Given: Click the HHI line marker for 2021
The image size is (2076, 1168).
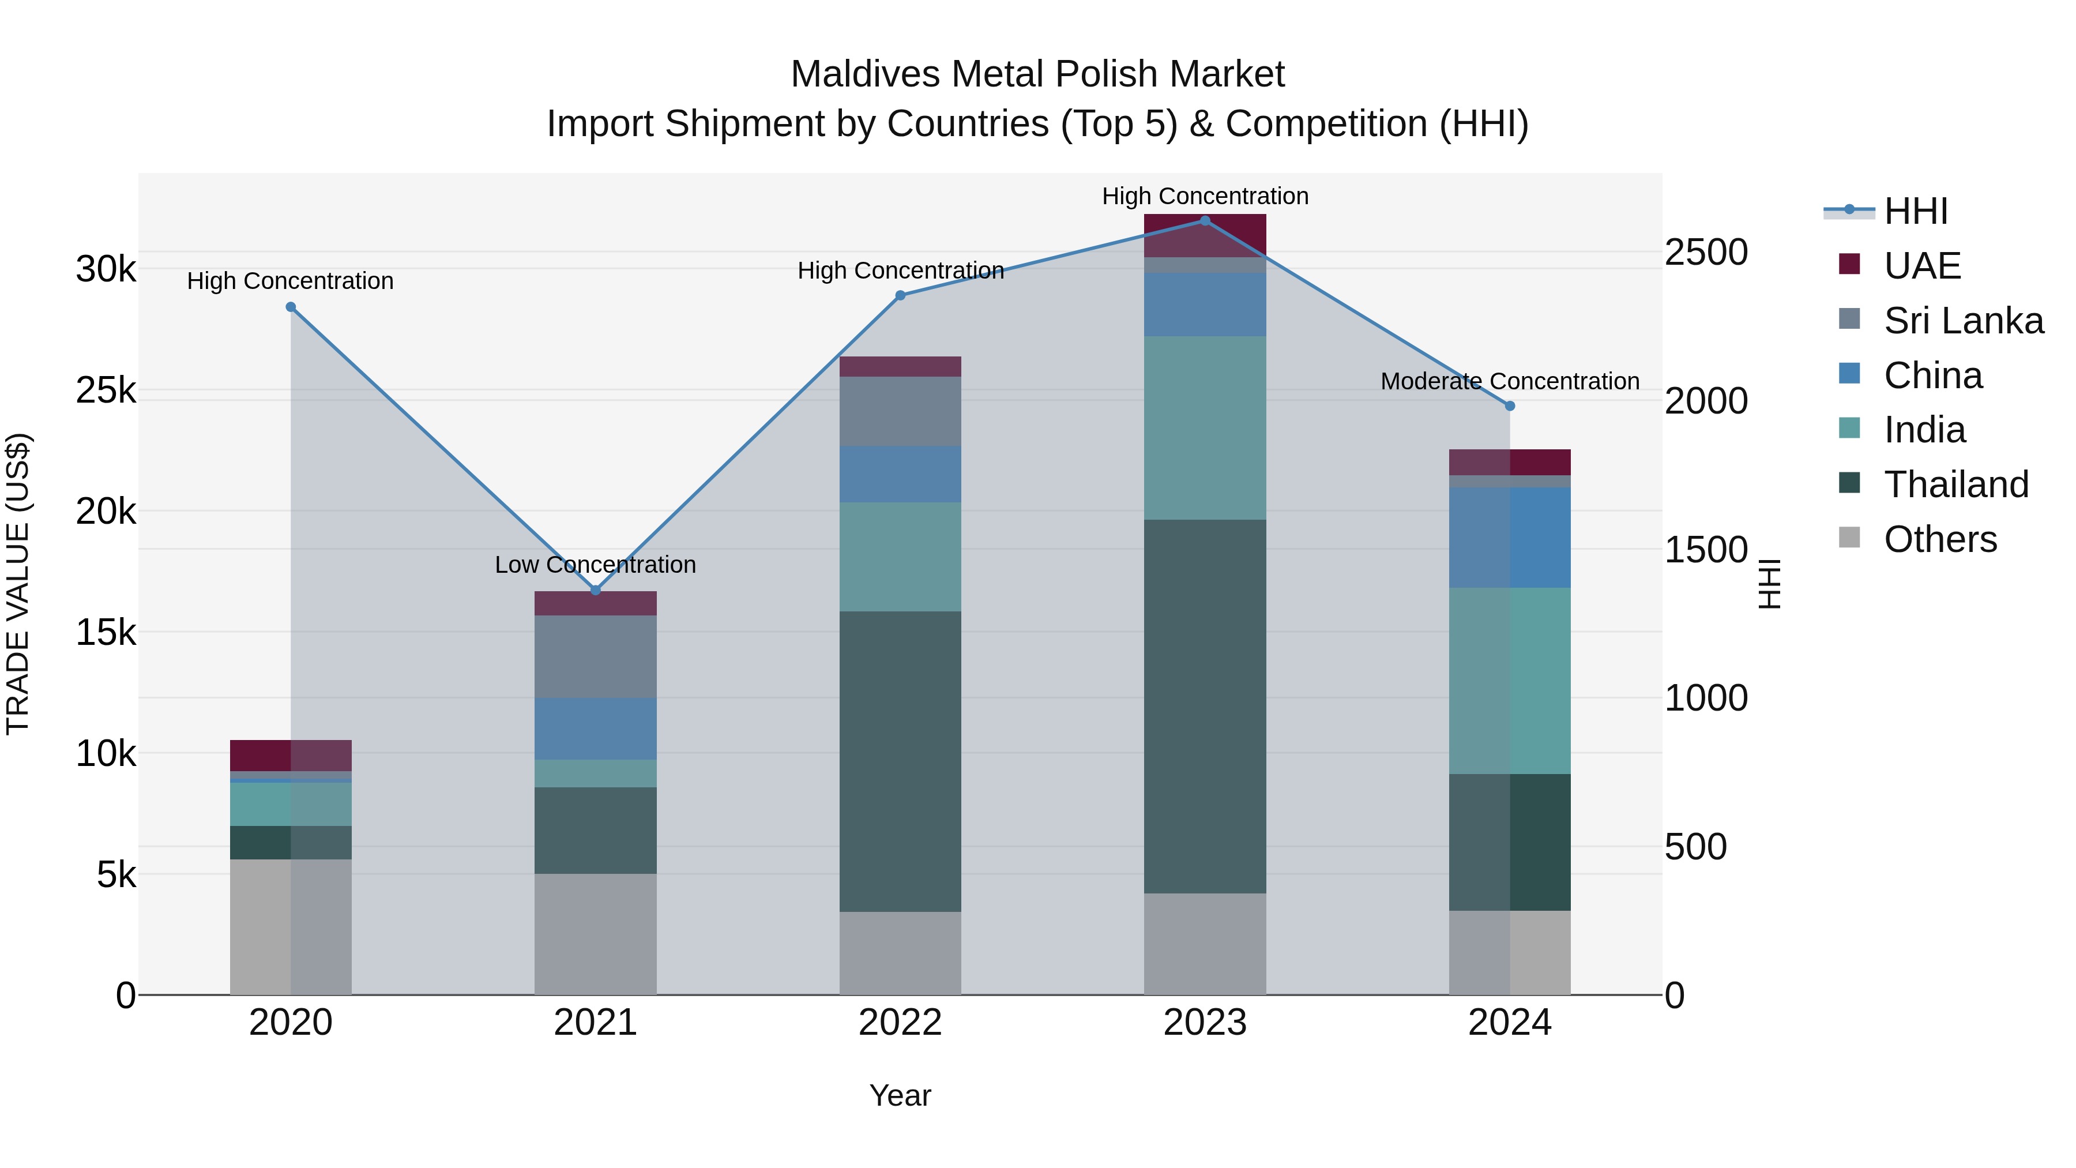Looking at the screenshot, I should click(x=596, y=591).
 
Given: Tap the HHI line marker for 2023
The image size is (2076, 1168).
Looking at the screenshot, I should click(x=1205, y=221).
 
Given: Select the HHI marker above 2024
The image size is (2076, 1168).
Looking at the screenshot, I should click(x=1510, y=406).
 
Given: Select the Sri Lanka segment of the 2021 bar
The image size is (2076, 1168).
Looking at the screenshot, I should click(x=596, y=656).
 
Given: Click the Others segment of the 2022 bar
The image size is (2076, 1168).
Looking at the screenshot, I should click(x=900, y=953).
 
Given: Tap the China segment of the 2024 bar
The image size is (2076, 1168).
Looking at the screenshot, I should click(x=1510, y=537).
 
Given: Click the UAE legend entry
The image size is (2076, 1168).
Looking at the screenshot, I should click(x=1921, y=266).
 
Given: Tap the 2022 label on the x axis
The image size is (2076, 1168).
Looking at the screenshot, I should click(x=900, y=1023).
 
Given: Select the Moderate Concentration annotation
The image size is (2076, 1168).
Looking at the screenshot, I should click(x=1510, y=381).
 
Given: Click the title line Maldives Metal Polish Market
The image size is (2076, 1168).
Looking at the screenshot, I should click(x=1037, y=74).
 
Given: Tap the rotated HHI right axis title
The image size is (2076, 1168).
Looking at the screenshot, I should click(x=1769, y=584).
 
